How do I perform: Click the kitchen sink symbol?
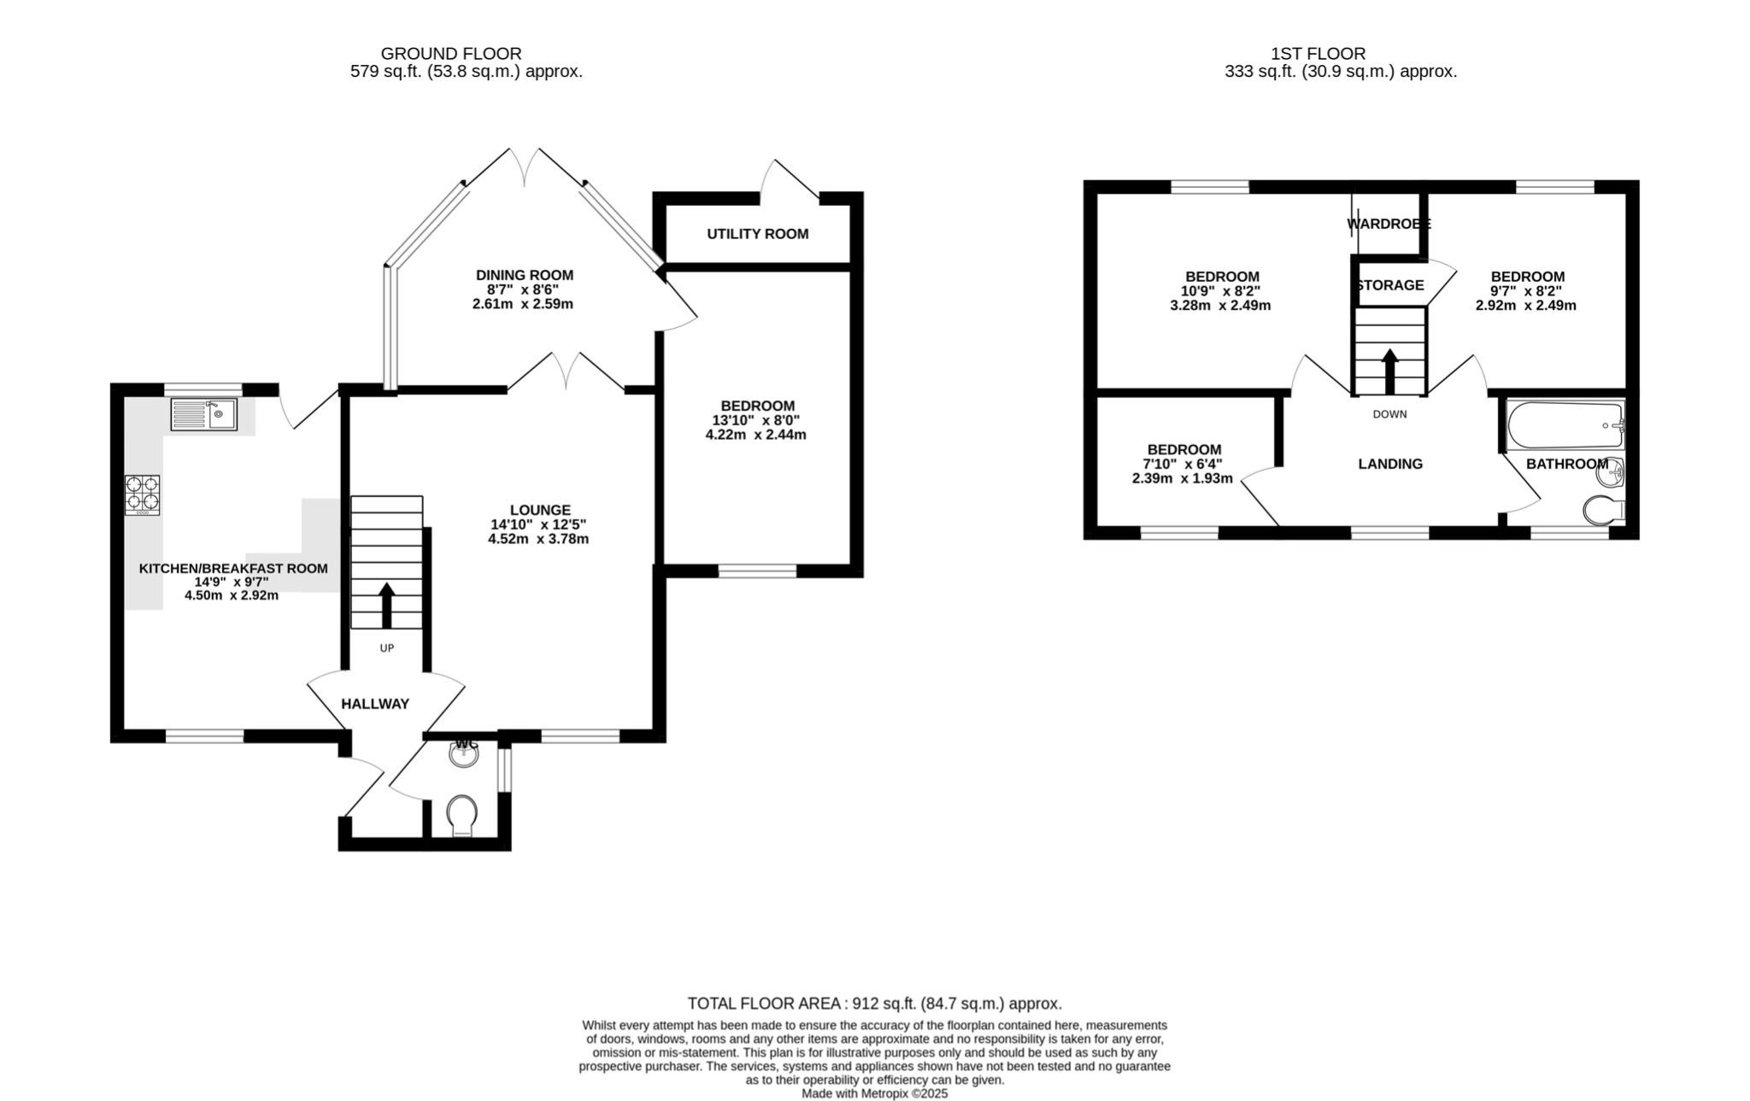point(203,414)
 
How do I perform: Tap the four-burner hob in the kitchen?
point(143,495)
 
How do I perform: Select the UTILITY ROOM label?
point(757,234)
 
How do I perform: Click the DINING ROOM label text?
point(524,275)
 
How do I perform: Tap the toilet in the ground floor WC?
point(462,816)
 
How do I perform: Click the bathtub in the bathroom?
point(1565,425)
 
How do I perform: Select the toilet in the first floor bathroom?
point(1604,511)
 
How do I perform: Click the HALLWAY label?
point(375,704)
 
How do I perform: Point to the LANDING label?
point(1390,464)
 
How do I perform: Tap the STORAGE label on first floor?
point(1390,285)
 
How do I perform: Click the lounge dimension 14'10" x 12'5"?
point(538,524)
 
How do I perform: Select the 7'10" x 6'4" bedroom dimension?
point(1183,464)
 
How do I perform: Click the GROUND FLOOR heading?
point(450,54)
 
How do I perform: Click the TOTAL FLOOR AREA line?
point(874,1004)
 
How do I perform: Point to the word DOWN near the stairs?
point(1389,414)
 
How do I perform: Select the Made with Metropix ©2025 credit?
point(874,1093)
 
